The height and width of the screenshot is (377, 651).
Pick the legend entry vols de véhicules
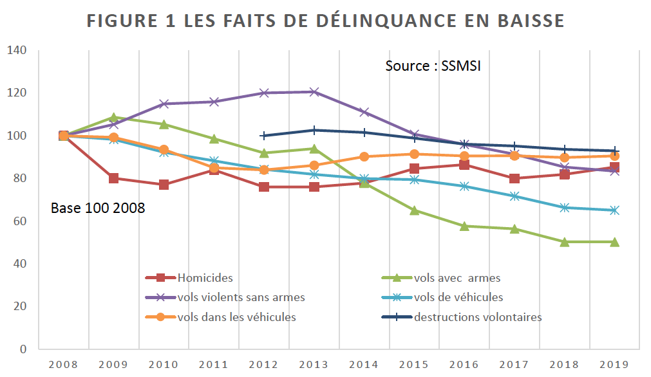coord(458,297)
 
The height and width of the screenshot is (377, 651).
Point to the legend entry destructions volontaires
coord(478,317)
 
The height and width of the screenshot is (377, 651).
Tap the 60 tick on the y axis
coord(19,221)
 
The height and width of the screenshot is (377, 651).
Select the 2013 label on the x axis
coord(314,364)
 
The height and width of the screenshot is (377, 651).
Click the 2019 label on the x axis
coord(616,364)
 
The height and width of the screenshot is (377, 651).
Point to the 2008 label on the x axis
coord(63,364)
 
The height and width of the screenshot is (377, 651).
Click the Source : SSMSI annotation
coord(433,66)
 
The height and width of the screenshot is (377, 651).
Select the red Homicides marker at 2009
coord(113,178)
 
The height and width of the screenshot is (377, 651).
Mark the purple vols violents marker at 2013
coord(314,92)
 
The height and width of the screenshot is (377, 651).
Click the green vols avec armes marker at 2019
coord(615,242)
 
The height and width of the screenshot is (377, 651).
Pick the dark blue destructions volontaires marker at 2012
coord(264,136)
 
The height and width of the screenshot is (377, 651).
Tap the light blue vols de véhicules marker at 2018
coord(565,207)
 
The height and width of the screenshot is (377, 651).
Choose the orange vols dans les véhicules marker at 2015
coord(415,154)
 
